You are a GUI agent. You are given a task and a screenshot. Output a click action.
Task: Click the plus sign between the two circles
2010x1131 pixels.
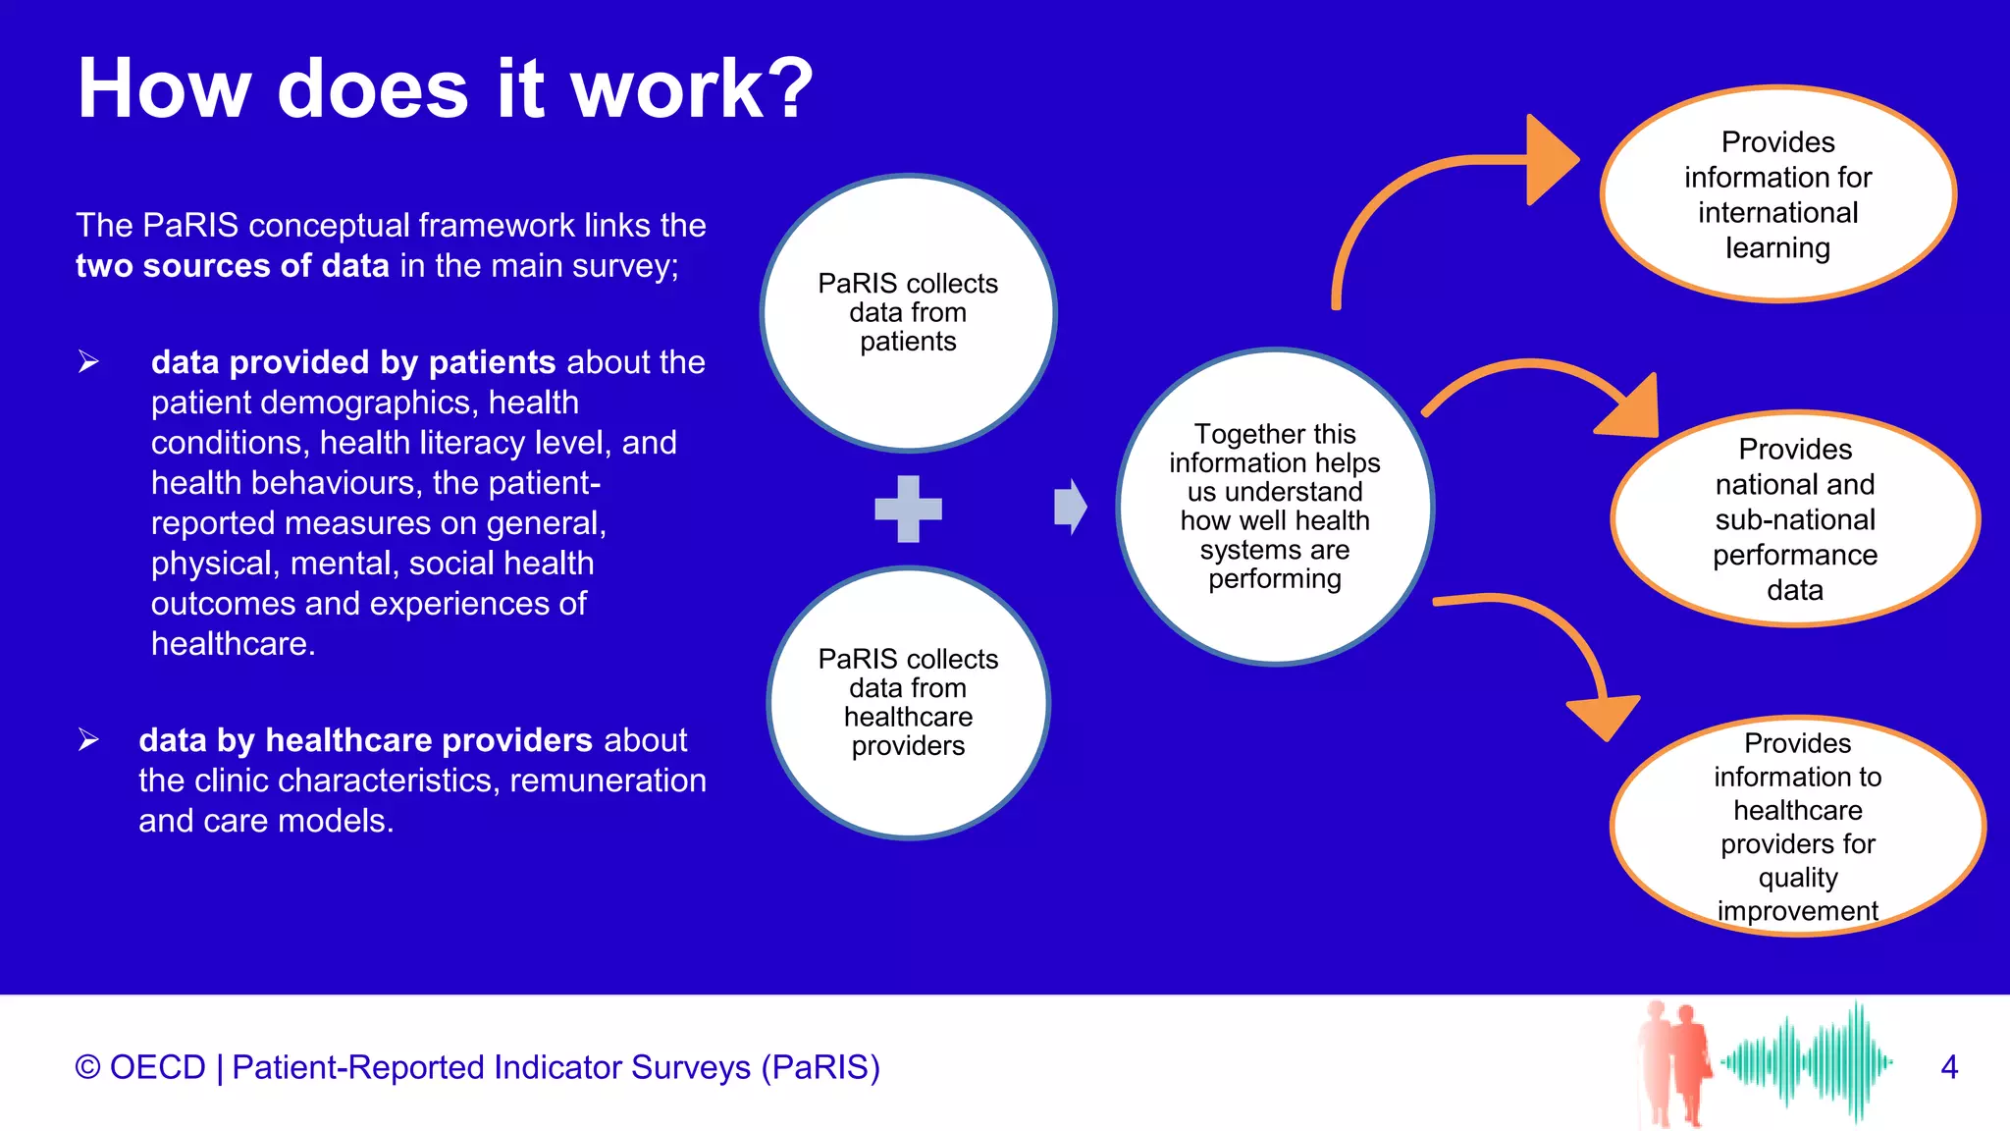pyautogui.click(x=908, y=509)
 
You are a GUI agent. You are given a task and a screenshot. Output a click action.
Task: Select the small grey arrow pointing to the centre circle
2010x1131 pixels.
pyautogui.click(x=1070, y=508)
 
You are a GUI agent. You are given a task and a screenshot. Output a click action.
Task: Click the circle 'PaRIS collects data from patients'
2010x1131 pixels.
pyautogui.click(x=908, y=312)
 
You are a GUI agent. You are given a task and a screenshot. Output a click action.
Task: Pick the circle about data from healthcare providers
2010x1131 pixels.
pyautogui.click(x=908, y=702)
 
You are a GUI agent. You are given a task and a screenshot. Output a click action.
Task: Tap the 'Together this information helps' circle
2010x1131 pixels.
pyautogui.click(x=1274, y=507)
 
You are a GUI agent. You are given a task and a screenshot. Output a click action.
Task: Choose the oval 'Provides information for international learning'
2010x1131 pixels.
pyautogui.click(x=1777, y=194)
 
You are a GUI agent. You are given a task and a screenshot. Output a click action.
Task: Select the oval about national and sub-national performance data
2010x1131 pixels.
pyautogui.click(x=1794, y=518)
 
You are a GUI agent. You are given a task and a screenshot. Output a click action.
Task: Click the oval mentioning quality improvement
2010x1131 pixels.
pyautogui.click(x=1797, y=827)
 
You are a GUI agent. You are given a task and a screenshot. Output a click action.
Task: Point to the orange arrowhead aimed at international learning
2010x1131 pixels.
pyautogui.click(x=1550, y=160)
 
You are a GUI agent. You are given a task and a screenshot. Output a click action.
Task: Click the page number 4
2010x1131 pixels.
pyautogui.click(x=1949, y=1067)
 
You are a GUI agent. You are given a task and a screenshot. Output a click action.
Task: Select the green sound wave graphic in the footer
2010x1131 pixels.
pyautogui.click(x=1806, y=1062)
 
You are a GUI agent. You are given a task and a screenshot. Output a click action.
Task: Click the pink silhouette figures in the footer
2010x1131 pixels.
pyautogui.click(x=1674, y=1062)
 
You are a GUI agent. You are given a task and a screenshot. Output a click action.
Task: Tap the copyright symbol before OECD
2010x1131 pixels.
pyautogui.click(x=87, y=1067)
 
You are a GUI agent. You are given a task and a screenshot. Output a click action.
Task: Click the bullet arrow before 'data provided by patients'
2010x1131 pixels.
pyautogui.click(x=88, y=362)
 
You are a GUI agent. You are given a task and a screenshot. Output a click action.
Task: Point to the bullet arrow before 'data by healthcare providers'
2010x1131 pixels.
pyautogui.click(x=88, y=739)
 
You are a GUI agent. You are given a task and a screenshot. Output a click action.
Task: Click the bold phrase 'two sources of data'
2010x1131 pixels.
pyautogui.click(x=233, y=266)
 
